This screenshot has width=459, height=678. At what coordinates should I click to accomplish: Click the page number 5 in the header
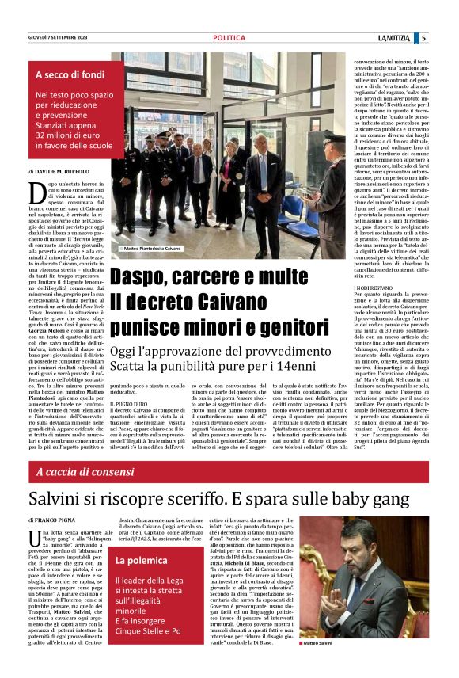[x=424, y=37]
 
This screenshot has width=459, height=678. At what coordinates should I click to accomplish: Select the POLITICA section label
[x=229, y=37]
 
